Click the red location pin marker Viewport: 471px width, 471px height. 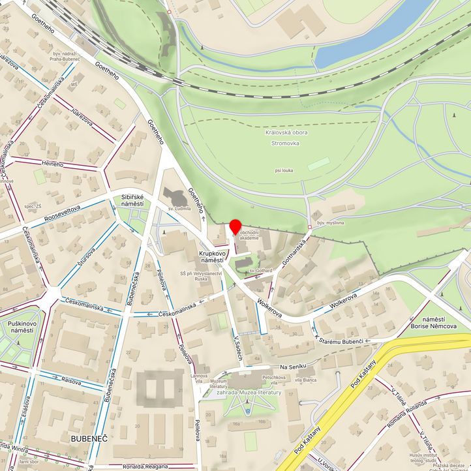[235, 227]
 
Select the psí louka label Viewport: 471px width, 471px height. [285, 170]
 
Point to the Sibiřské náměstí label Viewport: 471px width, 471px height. [132, 200]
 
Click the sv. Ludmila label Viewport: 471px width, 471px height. [179, 209]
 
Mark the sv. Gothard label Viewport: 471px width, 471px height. [260, 270]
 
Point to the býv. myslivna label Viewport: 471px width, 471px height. [331, 223]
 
